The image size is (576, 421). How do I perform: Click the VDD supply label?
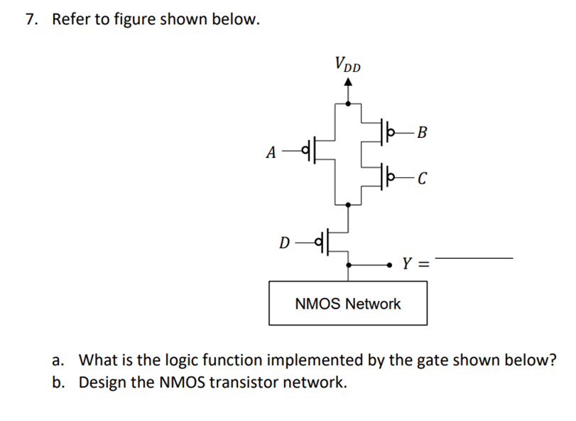pos(347,65)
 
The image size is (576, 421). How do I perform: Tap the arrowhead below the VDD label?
pos(347,82)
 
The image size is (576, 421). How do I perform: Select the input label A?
pos(270,151)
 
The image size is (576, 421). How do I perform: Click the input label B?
pos(423,132)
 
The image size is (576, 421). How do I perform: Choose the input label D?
pos(284,244)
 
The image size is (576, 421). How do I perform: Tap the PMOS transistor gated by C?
pos(384,175)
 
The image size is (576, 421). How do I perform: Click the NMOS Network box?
pos(347,304)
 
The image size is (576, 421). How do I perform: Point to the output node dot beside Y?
pos(390,265)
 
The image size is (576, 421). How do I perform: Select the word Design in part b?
pos(101,383)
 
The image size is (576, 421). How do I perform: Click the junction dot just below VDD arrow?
pos(347,104)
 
